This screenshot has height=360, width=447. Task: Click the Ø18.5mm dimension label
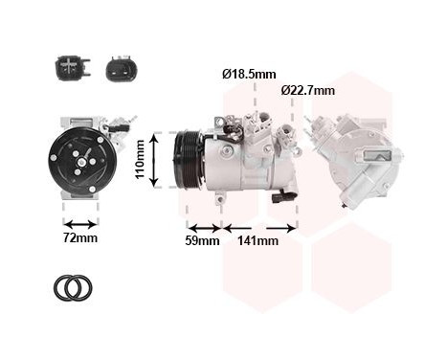point(249,74)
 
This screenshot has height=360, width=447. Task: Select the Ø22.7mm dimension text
point(308,90)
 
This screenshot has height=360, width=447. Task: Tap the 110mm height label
point(140,160)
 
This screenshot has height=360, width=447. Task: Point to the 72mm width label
point(80,238)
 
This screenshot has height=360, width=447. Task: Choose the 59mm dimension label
point(202,241)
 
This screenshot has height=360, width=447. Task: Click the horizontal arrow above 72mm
point(80,222)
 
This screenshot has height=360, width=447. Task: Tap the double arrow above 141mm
point(258,227)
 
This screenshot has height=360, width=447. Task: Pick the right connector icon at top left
point(119,68)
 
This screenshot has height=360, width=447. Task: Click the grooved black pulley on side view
point(187,161)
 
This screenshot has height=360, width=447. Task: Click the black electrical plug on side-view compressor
point(278,198)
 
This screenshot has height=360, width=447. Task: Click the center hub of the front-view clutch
point(79,162)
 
